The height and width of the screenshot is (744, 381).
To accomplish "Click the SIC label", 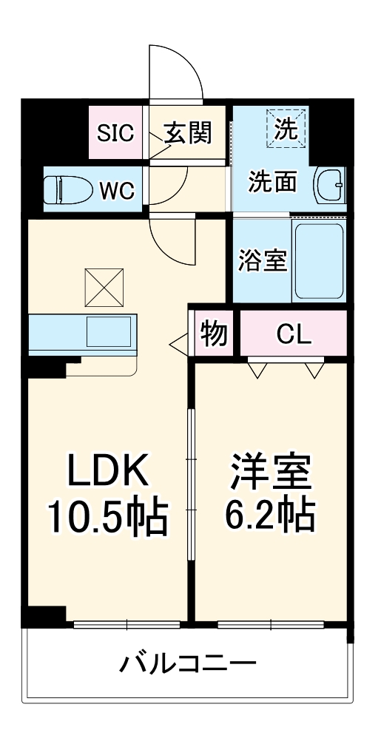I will click(x=117, y=133).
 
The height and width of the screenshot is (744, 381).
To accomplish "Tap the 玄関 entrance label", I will click(x=188, y=133).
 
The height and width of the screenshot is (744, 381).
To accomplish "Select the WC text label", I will click(x=117, y=190).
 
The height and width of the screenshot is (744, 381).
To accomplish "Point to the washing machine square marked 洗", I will click(x=286, y=129).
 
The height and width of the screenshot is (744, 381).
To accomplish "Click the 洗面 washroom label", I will click(x=273, y=182).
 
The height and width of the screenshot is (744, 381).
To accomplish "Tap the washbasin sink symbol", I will click(x=329, y=184).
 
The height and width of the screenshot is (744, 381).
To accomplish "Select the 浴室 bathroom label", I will click(x=263, y=261).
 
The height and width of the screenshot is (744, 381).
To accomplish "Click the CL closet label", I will click(x=294, y=335).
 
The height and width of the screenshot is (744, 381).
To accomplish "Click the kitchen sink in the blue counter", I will click(x=108, y=331).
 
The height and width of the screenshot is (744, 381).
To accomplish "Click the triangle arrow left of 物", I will click(x=179, y=343).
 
